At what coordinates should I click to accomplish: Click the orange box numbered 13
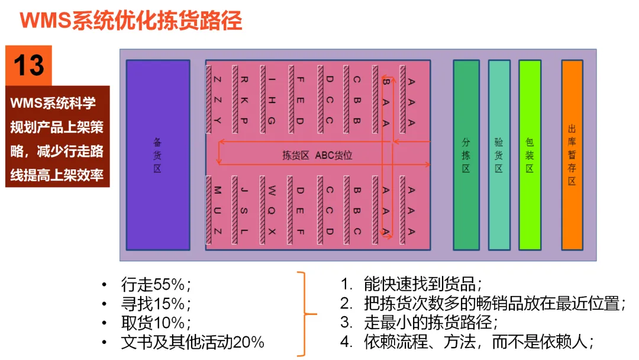pos(29,65)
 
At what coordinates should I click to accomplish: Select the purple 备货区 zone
pos(157,155)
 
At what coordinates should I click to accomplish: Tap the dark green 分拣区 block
pos(466,155)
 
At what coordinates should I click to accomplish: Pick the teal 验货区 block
pos(499,155)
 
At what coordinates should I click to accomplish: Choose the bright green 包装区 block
pos(530,155)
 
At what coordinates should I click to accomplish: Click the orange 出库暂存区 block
pos(572,155)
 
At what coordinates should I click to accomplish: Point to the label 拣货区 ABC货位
pos(317,156)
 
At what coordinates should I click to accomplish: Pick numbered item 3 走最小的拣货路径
pos(430,323)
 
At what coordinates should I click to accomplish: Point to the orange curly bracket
pos(305,314)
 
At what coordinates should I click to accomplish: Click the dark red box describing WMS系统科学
pos(57,136)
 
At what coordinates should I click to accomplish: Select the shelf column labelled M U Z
pos(217,210)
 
